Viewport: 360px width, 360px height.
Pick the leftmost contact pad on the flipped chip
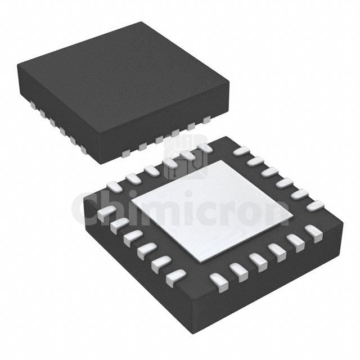[x=105, y=214]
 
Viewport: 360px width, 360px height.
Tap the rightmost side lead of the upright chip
[x=207, y=118]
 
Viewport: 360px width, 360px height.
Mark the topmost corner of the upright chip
[x=140, y=22]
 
